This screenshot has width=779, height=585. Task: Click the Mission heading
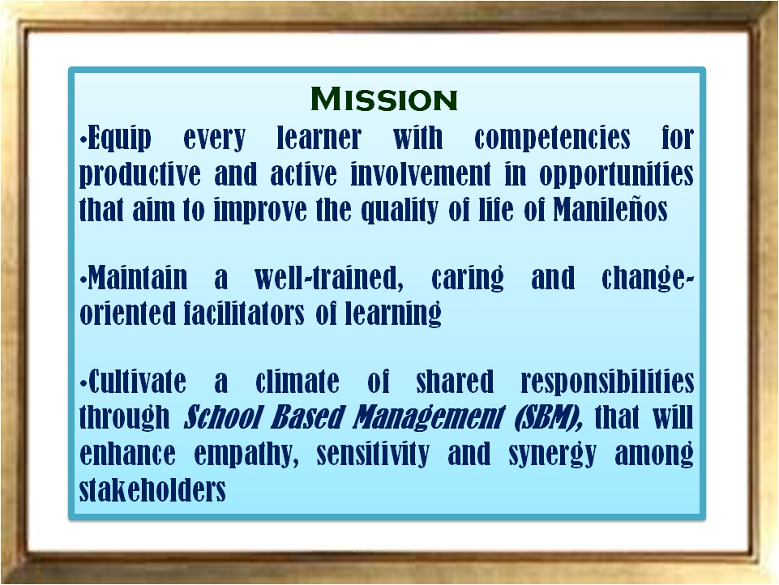(384, 99)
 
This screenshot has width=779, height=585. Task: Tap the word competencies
(552, 139)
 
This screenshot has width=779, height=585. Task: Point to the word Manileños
(610, 210)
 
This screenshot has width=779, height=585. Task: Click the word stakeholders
(152, 489)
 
